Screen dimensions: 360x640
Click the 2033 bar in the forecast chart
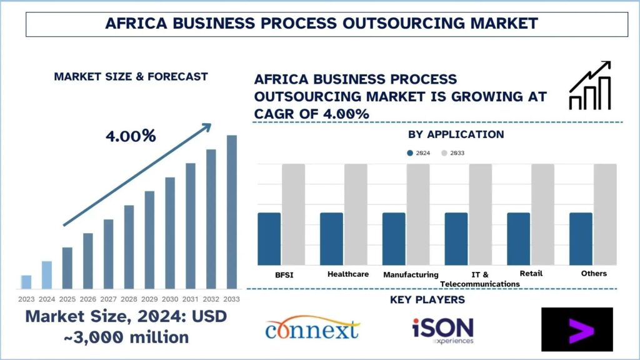point(232,212)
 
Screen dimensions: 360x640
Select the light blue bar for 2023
point(26,282)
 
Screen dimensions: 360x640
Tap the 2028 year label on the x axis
point(129,299)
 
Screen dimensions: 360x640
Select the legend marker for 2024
point(410,152)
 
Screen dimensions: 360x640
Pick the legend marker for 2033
point(444,152)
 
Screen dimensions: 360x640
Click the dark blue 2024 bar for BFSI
point(269,239)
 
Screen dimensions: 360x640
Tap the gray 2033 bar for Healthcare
point(356,214)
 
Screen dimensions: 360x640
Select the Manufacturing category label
point(411,274)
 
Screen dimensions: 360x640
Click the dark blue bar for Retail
point(518,239)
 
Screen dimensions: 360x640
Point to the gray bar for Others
point(605,214)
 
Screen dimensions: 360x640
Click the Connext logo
point(312,329)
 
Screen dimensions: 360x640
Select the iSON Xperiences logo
point(442,329)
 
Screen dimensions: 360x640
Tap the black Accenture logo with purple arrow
point(577,329)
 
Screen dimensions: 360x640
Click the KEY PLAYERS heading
point(427,300)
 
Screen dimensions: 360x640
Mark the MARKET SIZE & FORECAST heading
point(131,77)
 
